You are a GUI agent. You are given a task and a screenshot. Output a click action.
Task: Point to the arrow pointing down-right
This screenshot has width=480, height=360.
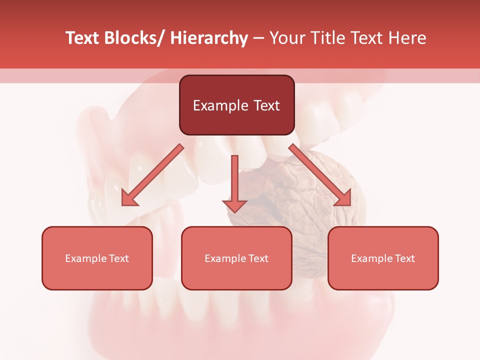[320, 175]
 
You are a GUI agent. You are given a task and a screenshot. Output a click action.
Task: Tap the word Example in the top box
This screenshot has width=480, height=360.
[220, 106]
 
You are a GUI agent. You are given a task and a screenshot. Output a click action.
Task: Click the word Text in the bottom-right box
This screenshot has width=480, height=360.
[404, 258]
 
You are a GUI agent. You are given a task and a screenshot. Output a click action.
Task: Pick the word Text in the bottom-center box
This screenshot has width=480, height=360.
[257, 258]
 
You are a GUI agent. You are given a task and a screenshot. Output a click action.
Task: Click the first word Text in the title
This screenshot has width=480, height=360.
[81, 38]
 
